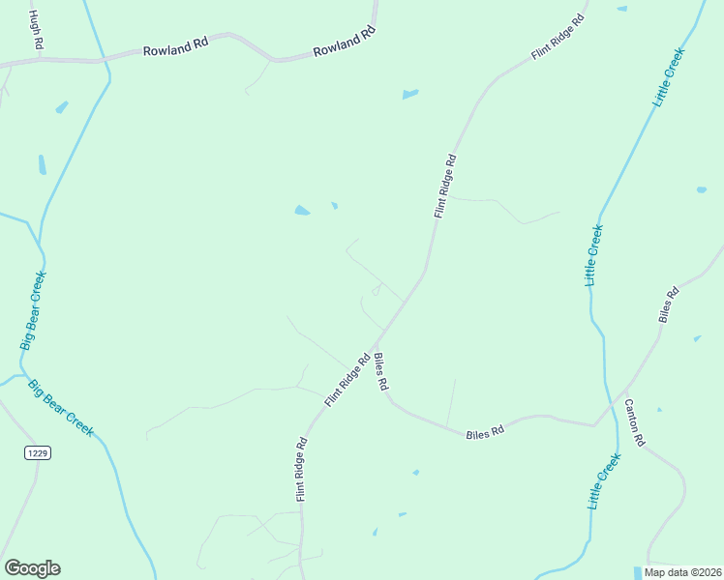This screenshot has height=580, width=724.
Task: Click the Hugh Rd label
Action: tap(36, 30)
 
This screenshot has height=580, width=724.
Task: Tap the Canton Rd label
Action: tap(634, 422)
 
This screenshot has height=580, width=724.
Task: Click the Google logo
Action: tap(32, 568)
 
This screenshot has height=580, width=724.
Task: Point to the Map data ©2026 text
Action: tap(682, 572)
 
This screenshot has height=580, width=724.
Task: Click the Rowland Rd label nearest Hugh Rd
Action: tap(175, 48)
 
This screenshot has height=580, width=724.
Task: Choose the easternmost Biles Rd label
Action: tap(668, 304)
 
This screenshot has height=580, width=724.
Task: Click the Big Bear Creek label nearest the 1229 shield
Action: tap(60, 407)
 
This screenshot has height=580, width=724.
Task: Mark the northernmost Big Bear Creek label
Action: tap(34, 309)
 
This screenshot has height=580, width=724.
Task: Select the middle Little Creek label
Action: tap(594, 254)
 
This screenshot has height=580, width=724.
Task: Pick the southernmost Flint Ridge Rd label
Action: tap(302, 470)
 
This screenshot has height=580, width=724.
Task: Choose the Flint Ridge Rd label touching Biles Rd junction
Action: tap(348, 379)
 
